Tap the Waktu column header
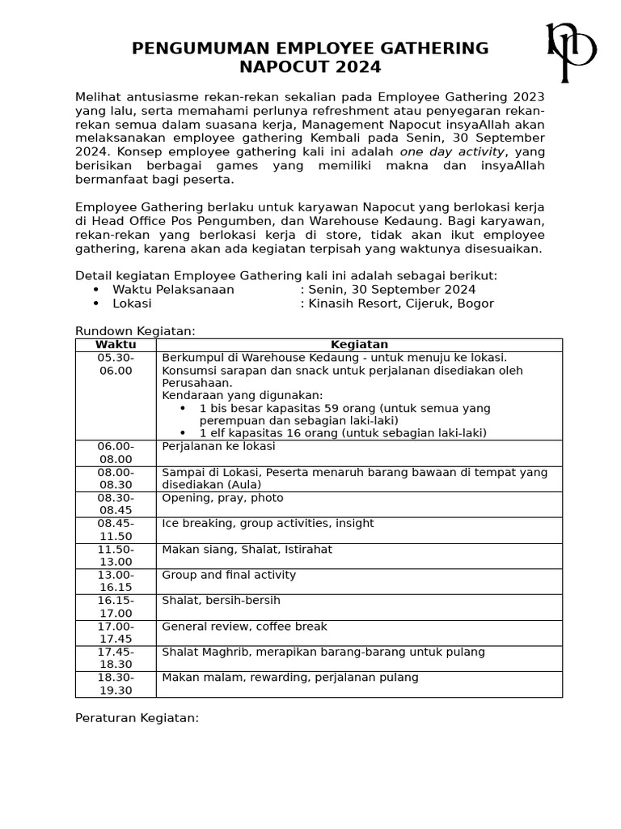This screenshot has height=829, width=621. click(x=116, y=345)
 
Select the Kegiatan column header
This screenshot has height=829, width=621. click(x=359, y=345)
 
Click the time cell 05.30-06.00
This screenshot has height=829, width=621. click(x=116, y=364)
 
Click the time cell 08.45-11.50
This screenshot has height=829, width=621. click(x=116, y=530)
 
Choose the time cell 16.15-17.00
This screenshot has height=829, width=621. click(x=116, y=607)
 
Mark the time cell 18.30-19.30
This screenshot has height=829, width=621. click(x=116, y=684)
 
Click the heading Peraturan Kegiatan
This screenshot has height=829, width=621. click(x=137, y=718)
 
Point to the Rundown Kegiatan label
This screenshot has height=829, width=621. click(x=135, y=331)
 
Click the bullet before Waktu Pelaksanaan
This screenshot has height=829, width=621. click(x=96, y=290)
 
